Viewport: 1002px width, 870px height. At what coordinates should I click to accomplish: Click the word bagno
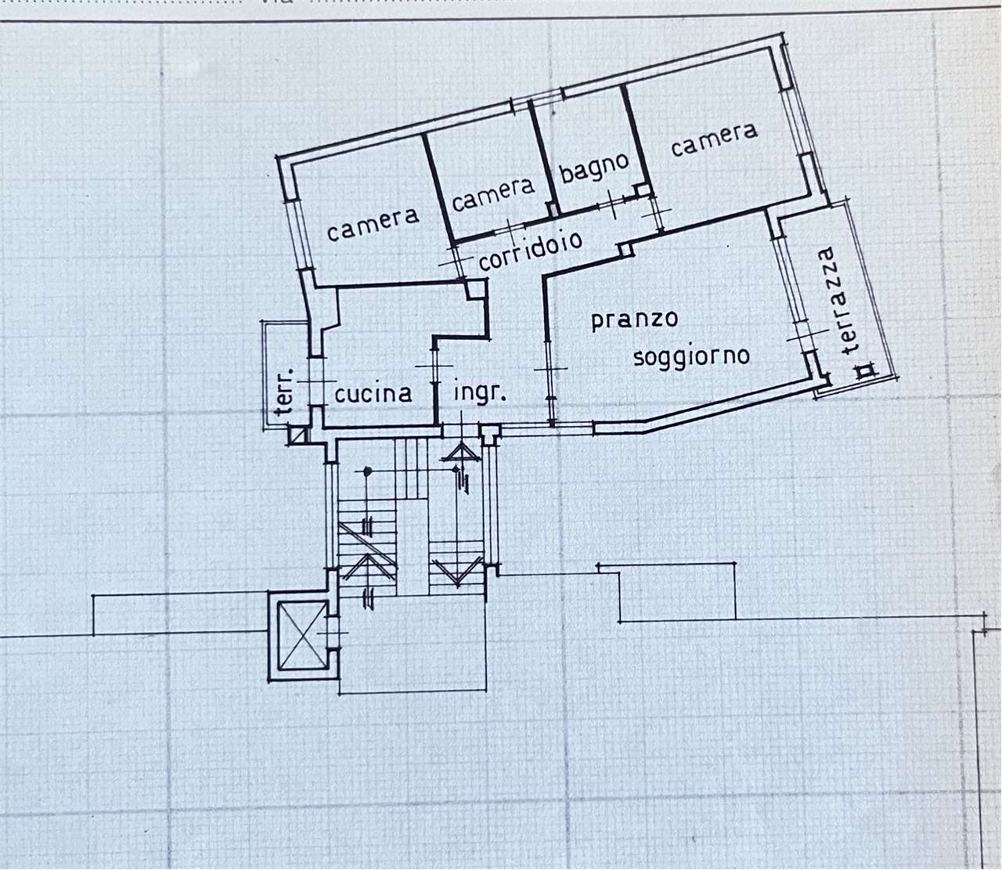[593, 169]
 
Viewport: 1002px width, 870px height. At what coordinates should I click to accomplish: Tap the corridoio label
[531, 251]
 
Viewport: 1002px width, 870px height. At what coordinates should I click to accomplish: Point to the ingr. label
[480, 393]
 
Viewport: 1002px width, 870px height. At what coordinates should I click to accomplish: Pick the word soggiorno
[691, 357]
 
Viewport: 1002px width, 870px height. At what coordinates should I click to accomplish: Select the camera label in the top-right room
[714, 141]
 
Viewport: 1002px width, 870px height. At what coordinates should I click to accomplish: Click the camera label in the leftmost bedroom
[373, 226]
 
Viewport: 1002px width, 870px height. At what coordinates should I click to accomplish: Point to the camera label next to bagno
[492, 194]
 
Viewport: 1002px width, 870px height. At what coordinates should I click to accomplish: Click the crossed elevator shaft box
[303, 636]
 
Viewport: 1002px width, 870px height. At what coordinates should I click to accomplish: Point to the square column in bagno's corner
[642, 190]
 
